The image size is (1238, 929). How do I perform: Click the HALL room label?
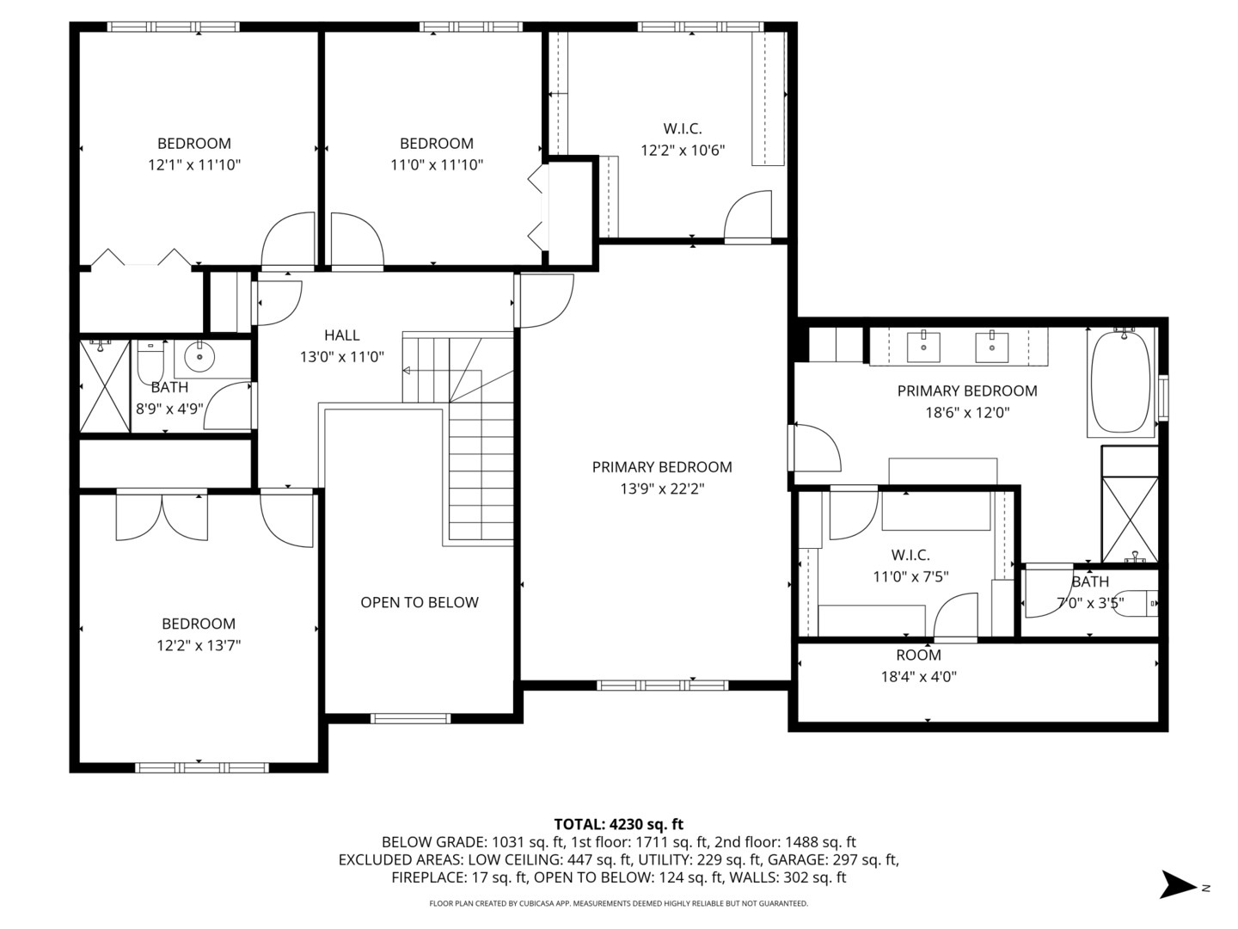coord(342,335)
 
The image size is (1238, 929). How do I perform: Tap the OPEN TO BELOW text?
coord(419,602)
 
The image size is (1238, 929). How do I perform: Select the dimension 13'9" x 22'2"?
coord(662,489)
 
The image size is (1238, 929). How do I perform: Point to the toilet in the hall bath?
coord(150,361)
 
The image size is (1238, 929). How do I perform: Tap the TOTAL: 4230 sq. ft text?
coord(618,824)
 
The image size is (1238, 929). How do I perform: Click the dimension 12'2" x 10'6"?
coord(683,151)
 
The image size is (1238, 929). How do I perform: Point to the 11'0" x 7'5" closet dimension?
coord(910,576)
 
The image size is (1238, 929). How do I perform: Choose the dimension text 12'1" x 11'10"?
coord(194,165)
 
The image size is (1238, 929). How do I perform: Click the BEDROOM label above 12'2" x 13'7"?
coord(199,624)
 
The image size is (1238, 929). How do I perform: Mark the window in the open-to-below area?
coord(410,718)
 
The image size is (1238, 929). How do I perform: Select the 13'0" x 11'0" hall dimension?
coord(342,357)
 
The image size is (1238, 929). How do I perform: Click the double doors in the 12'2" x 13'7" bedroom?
coord(162,516)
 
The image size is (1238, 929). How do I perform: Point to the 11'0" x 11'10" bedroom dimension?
coord(437,165)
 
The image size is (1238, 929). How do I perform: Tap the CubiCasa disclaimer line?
coord(618,903)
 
